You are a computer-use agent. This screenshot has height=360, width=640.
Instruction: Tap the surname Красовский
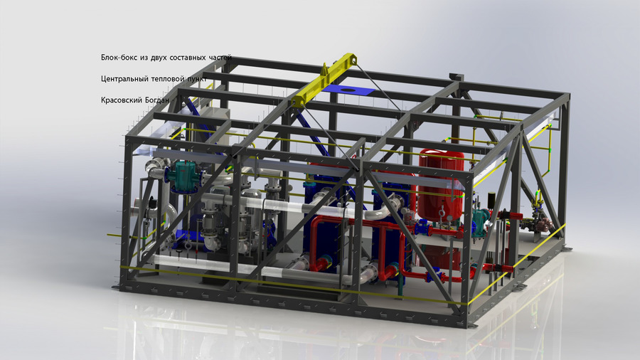tap(120, 100)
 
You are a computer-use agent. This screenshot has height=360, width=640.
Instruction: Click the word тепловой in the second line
tap(168, 79)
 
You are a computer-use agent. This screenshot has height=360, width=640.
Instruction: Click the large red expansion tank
tap(441, 184)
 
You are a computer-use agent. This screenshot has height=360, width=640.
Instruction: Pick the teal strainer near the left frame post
tap(185, 176)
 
